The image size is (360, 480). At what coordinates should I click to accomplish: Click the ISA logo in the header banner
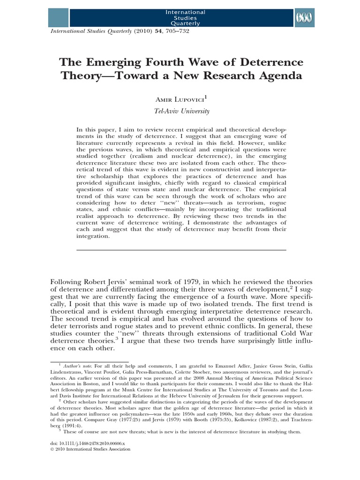[x=304, y=18]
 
